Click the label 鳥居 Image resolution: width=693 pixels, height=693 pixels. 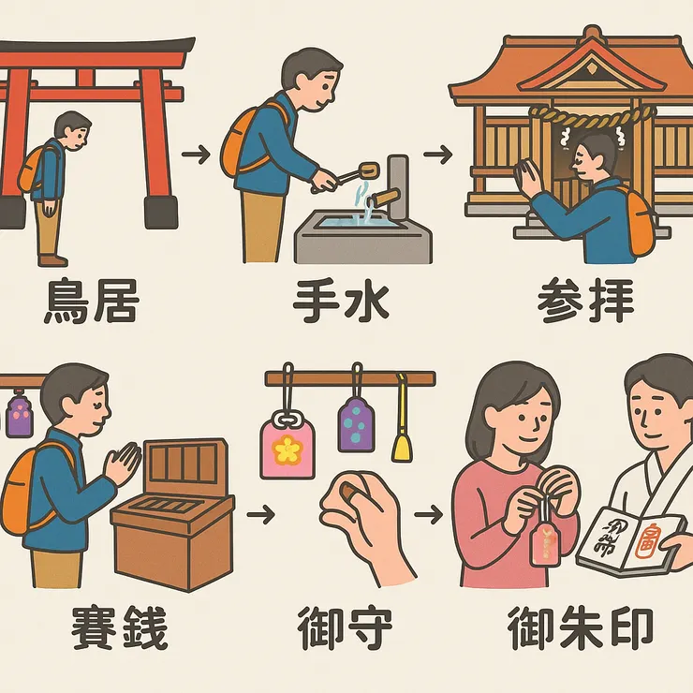pyautogui.click(x=92, y=302)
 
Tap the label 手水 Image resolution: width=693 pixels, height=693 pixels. pyautogui.click(x=340, y=302)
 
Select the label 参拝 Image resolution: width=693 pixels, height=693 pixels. pyautogui.click(x=585, y=302)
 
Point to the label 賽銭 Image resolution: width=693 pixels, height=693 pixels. pyautogui.click(x=120, y=629)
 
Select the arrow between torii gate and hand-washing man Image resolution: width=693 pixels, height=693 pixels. pyautogui.click(x=195, y=154)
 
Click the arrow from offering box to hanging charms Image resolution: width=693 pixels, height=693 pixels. pyautogui.click(x=265, y=514)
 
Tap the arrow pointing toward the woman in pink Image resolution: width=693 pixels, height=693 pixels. pyautogui.click(x=428, y=514)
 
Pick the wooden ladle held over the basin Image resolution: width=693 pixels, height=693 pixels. pyautogui.click(x=354, y=174)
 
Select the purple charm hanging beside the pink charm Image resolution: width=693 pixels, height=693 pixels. pyautogui.click(x=356, y=426)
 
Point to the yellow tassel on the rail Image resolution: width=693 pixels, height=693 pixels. pyautogui.click(x=402, y=435)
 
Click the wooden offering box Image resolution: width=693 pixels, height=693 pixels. pyautogui.click(x=174, y=520)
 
